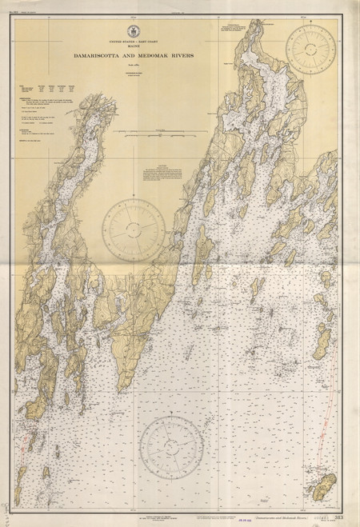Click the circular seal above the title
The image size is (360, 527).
click(x=142, y=26)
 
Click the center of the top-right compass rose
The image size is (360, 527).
click(x=311, y=50)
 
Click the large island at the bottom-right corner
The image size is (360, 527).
click(x=325, y=483)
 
